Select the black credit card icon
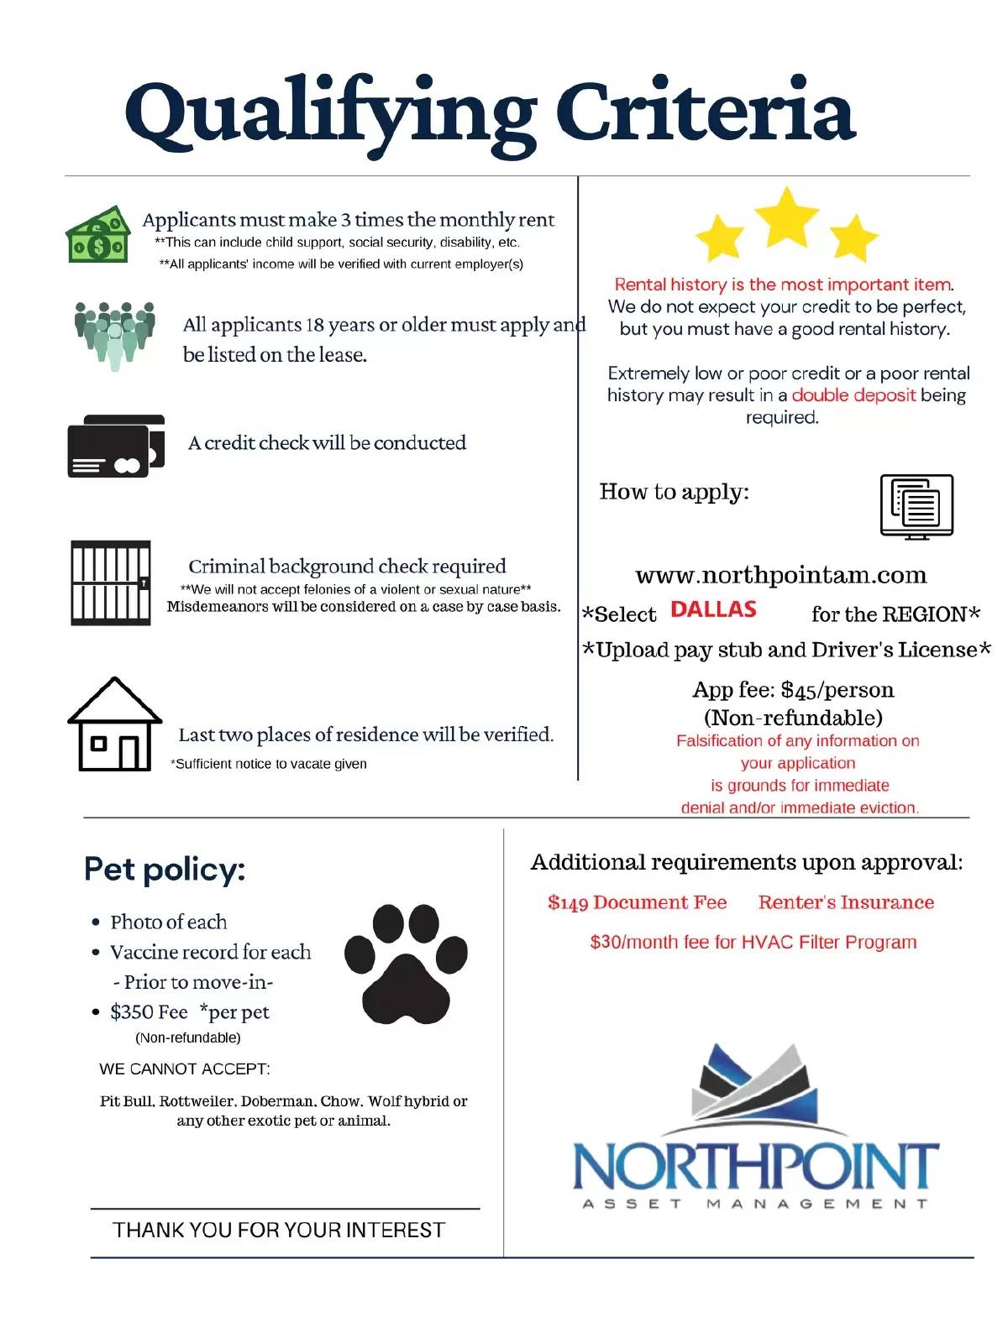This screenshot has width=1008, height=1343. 115,446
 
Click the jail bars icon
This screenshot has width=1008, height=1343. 111,583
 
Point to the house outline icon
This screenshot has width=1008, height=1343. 114,724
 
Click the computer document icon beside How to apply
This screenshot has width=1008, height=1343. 916,506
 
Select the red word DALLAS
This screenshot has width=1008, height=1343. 713,609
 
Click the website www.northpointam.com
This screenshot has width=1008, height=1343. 781,575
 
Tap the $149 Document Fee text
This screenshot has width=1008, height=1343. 637,902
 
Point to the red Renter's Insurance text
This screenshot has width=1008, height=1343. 846,902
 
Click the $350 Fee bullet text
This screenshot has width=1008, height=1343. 149,1012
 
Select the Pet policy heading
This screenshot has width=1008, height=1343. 165,870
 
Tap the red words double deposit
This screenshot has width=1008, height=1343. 853,395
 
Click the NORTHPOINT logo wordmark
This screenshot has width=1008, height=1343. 755,1166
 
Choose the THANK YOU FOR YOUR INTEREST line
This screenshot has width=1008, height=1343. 279,1231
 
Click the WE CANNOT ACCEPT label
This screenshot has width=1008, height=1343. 185,1069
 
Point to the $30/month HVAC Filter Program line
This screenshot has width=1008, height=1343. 753,942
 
